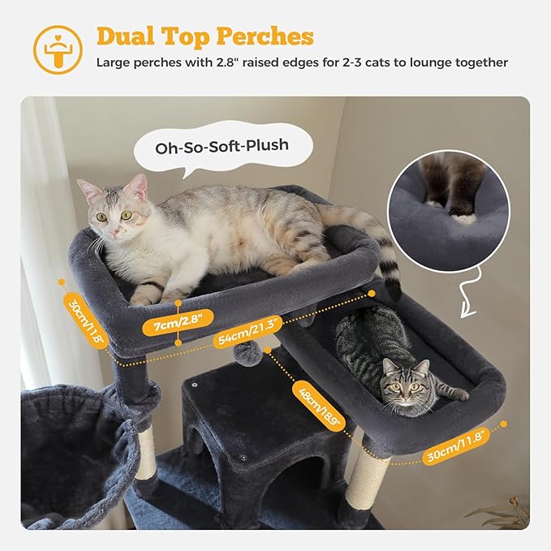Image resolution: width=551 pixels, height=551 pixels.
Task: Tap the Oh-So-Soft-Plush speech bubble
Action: pos(222,148)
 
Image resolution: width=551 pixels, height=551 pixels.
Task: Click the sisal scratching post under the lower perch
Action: pos(367,480)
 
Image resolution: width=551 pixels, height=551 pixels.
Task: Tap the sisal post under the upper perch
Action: pos(146,451)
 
